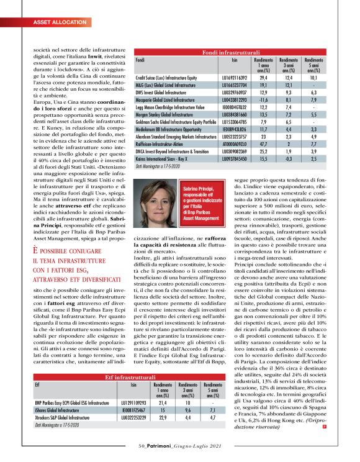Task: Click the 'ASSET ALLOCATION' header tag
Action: tap(54, 23)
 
